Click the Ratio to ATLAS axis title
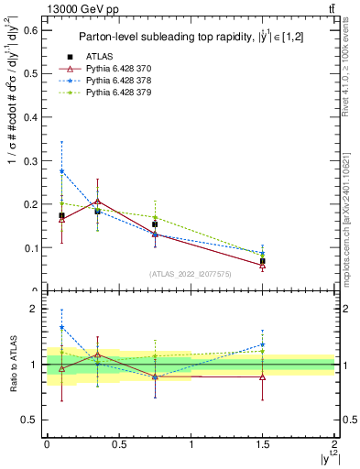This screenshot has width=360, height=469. [12, 365]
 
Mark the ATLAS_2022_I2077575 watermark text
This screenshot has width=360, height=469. [191, 273]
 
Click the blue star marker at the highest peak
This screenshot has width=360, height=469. [61, 171]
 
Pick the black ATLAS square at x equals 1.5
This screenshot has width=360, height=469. [263, 261]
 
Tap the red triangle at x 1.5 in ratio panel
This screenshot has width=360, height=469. [263, 377]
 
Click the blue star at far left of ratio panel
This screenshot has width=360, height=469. [61, 327]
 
